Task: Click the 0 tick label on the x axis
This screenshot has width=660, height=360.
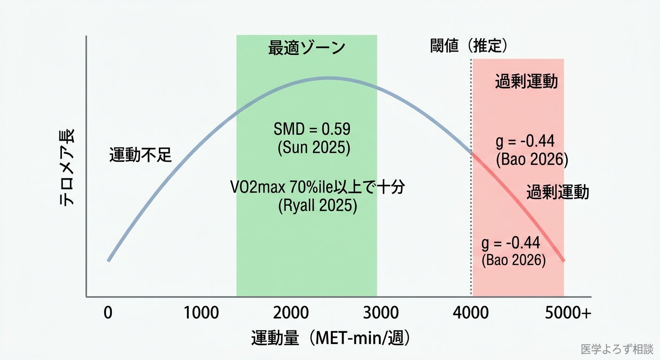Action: (108, 313)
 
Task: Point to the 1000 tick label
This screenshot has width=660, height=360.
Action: (201, 313)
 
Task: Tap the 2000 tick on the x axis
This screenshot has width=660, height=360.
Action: (292, 313)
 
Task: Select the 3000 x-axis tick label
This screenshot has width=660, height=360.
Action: (381, 313)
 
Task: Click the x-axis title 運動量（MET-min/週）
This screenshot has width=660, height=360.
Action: (331, 338)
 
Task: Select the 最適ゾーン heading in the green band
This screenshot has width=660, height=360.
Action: (307, 48)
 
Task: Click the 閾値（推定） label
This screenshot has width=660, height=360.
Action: (469, 46)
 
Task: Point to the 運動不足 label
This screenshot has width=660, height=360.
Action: (141, 155)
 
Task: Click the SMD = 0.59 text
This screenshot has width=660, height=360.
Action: (312, 129)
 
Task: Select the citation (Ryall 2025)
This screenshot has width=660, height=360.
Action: (317, 206)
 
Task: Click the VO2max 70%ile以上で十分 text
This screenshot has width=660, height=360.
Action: (317, 187)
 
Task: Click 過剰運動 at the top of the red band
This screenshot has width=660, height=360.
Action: (526, 82)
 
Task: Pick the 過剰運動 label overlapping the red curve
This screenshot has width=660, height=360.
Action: (557, 192)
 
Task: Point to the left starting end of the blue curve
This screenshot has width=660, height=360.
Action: (108, 261)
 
